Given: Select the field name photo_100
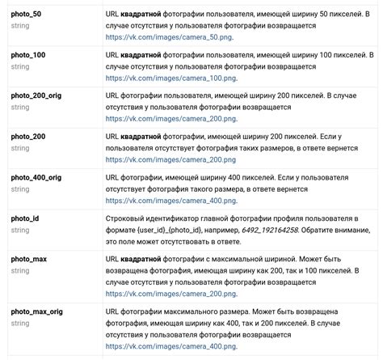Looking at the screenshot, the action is pos(27,53).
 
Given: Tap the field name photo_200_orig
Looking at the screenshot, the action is pos(36,95).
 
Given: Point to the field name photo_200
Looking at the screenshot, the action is pos(27,137).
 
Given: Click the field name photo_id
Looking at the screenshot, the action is pos(24,218).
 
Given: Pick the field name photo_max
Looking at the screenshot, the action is pos(28,259).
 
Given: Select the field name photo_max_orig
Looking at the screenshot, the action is pos(38,311).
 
